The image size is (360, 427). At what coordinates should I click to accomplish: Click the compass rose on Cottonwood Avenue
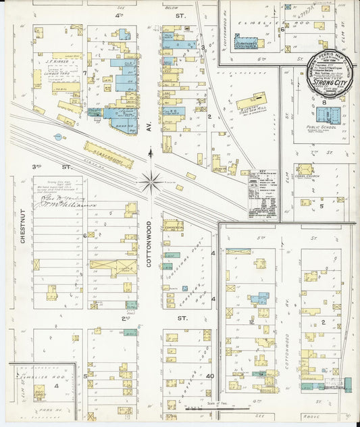[x=152, y=180]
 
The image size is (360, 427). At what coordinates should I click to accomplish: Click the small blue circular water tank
[x=57, y=137]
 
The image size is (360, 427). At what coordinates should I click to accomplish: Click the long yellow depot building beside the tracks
[x=108, y=154]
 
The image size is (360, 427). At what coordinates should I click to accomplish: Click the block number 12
[x=250, y=322]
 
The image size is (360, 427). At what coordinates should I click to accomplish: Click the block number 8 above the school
[x=324, y=102]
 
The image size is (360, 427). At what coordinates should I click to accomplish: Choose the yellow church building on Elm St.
[x=305, y=170]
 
